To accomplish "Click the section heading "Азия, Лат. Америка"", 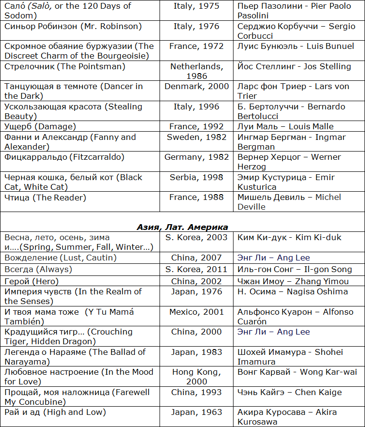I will (x=182, y=227).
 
